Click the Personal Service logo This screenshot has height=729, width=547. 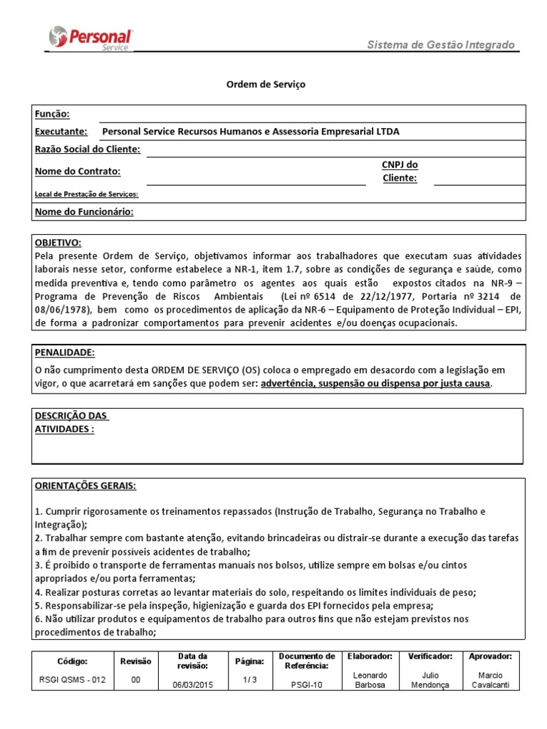click(x=90, y=38)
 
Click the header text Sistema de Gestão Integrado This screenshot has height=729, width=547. click(x=440, y=45)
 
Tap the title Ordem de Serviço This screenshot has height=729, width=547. click(x=265, y=84)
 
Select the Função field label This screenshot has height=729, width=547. click(x=52, y=114)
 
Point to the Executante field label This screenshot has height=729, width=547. click(x=61, y=131)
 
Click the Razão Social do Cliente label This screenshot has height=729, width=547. click(x=88, y=149)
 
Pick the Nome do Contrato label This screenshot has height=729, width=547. click(x=78, y=171)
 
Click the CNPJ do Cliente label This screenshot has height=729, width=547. click(x=400, y=172)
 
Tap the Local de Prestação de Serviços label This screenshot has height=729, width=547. click(x=86, y=194)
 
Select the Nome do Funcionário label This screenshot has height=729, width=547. click(x=84, y=211)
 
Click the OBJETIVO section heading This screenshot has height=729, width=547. click(x=58, y=243)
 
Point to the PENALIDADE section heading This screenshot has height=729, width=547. click(x=64, y=352)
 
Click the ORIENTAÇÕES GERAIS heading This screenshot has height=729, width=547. click(x=85, y=486)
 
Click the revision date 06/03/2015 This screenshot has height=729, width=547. click(x=192, y=685)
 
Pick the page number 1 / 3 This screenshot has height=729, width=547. click(x=249, y=680)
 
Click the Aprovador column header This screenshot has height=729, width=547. click(x=491, y=656)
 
